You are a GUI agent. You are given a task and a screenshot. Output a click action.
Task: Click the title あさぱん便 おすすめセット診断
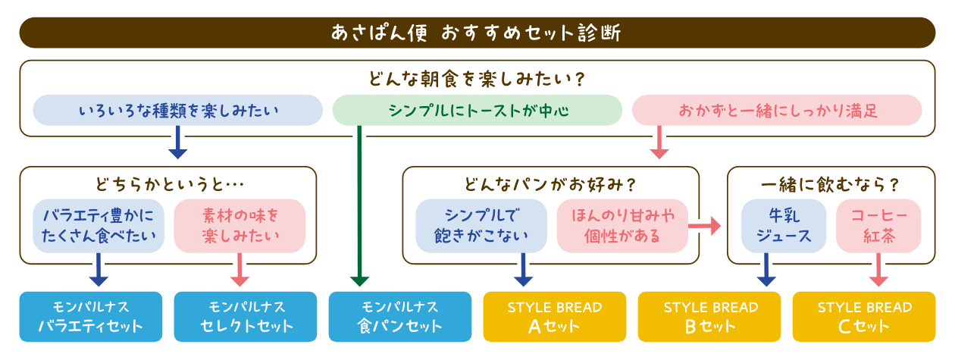click(x=477, y=33)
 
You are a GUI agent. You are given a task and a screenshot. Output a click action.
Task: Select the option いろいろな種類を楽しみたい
click(x=178, y=111)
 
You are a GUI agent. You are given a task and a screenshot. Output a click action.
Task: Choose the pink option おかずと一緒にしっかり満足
click(x=777, y=111)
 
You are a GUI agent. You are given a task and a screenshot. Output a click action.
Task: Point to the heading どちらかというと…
click(x=168, y=184)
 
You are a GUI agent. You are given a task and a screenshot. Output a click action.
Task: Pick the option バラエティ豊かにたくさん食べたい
click(x=99, y=226)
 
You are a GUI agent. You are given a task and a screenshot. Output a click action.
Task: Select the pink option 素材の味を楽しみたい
click(x=240, y=226)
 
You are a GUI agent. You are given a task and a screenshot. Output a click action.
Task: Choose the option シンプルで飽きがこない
click(x=481, y=226)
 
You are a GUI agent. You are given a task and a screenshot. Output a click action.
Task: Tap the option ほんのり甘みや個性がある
click(x=622, y=226)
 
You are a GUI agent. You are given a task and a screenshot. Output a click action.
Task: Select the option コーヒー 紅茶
click(x=878, y=226)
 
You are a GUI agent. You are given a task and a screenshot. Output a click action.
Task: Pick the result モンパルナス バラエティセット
click(x=91, y=317)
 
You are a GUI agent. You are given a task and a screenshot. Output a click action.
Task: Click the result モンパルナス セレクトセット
click(x=246, y=317)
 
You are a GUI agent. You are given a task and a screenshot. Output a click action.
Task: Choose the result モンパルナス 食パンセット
click(x=400, y=317)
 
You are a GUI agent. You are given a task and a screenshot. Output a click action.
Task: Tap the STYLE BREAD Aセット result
click(x=555, y=317)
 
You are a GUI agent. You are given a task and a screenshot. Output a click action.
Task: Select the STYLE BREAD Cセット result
click(x=864, y=317)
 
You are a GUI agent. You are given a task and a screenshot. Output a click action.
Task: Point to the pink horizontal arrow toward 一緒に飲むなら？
click(x=705, y=225)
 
